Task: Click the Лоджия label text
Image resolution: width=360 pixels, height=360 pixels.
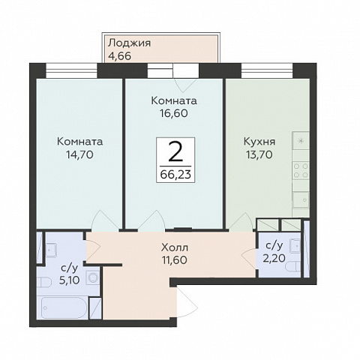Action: pos(129,43)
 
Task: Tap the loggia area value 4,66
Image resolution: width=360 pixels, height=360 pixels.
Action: pos(119,56)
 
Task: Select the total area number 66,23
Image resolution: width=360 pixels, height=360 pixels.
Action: pos(175,175)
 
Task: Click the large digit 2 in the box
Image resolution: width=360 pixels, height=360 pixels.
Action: pos(175,151)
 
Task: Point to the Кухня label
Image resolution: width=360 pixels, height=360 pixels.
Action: pos(259,142)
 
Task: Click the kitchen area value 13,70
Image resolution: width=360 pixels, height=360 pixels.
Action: pos(259,155)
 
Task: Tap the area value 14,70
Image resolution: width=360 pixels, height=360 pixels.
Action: pos(79,155)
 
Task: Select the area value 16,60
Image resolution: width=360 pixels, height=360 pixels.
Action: pos(174,113)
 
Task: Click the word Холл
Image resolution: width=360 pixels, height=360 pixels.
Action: pos(175,247)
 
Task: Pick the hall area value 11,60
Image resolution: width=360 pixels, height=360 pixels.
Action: pos(175,260)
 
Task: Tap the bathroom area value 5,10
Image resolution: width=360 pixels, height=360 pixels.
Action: pos(70,280)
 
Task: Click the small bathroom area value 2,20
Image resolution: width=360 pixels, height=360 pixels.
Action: pos(274,258)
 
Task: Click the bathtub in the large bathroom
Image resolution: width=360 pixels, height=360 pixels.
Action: pos(62,307)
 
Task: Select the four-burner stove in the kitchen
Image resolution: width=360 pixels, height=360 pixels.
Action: pos(301,170)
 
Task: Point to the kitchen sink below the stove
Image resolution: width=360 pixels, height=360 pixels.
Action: pos(301,199)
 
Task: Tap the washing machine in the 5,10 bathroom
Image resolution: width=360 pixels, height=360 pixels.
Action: pos(93,277)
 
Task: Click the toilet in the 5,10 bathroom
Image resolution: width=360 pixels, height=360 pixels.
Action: pos(44,283)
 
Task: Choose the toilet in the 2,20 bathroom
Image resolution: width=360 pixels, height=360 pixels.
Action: pos(293,266)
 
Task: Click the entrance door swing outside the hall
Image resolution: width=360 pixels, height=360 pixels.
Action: pos(187,302)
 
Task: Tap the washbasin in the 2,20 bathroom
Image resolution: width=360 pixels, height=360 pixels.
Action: pos(295,246)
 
